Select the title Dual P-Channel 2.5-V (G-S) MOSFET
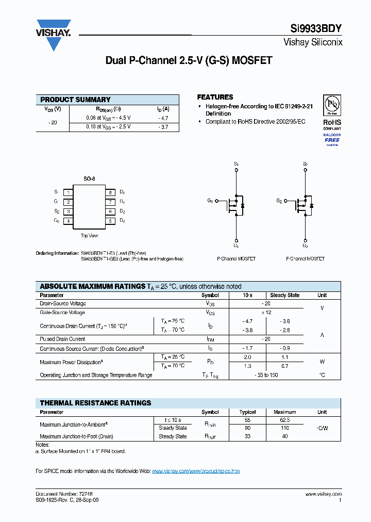point(189,60)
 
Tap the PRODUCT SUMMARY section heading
point(75,100)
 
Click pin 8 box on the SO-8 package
point(110,192)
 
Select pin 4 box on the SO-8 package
point(68,221)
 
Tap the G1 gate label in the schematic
point(210,201)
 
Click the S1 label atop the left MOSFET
point(236,164)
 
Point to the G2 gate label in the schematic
point(279,201)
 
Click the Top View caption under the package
point(89,236)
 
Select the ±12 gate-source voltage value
point(266,313)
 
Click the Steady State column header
point(284,296)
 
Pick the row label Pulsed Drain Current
point(62,339)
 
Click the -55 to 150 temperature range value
point(266,375)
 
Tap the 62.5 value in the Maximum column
point(284,420)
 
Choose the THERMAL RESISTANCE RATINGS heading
point(96,403)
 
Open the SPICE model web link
point(196,471)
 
